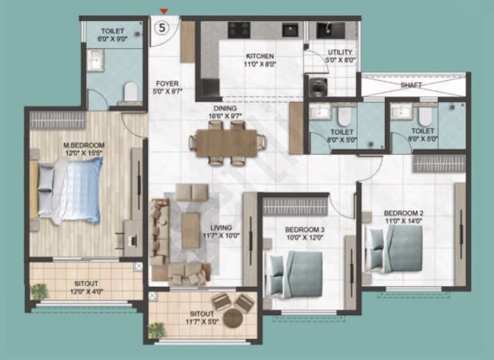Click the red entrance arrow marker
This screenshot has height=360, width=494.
click(163, 11)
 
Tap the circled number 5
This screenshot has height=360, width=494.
click(161, 28)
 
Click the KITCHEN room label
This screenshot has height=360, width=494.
click(260, 56)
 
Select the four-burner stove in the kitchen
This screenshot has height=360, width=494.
click(239, 30)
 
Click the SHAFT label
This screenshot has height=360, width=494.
click(411, 85)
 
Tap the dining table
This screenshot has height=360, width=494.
click(226, 143)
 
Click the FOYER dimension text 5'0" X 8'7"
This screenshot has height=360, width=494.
click(167, 91)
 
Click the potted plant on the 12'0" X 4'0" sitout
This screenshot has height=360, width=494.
click(39, 291)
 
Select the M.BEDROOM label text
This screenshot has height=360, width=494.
click(84, 145)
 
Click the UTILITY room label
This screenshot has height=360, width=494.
click(339, 52)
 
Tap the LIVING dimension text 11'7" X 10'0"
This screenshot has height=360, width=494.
click(221, 235)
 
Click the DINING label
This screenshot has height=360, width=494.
click(225, 108)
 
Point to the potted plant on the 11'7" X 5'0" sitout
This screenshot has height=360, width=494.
click(156, 331)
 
